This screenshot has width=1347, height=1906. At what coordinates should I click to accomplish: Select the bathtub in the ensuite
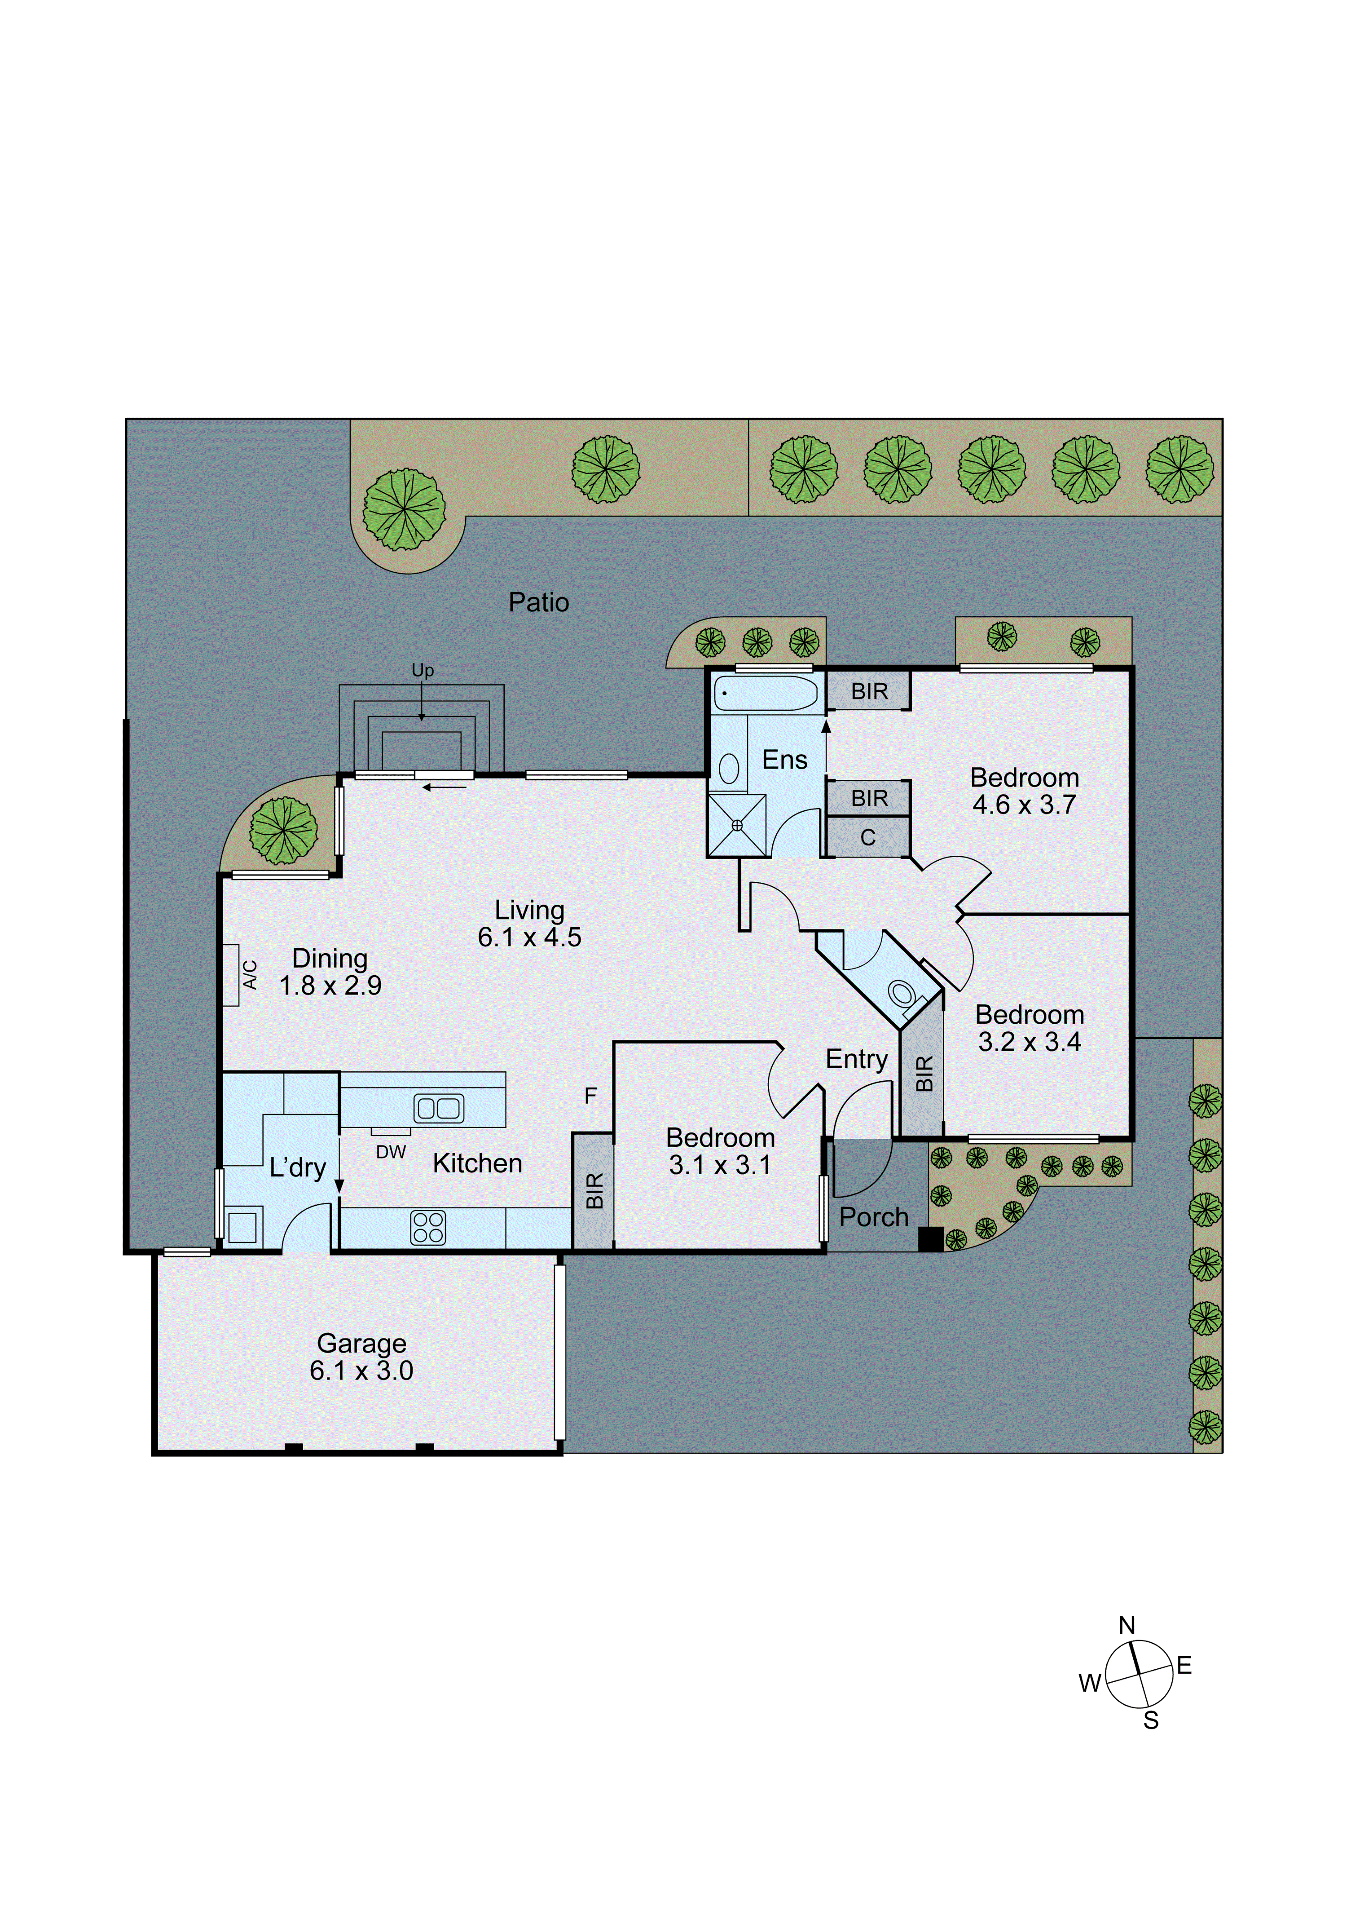click(x=765, y=693)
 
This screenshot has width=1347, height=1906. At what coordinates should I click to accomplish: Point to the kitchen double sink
click(x=438, y=1108)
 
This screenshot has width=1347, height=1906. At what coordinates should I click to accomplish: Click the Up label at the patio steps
click(x=423, y=670)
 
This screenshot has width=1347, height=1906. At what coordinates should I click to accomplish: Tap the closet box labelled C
click(x=868, y=838)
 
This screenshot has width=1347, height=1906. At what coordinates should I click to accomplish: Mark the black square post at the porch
click(x=930, y=1239)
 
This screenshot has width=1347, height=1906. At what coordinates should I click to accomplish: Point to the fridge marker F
click(x=590, y=1096)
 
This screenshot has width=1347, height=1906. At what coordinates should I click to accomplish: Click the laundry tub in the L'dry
click(x=242, y=1227)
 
